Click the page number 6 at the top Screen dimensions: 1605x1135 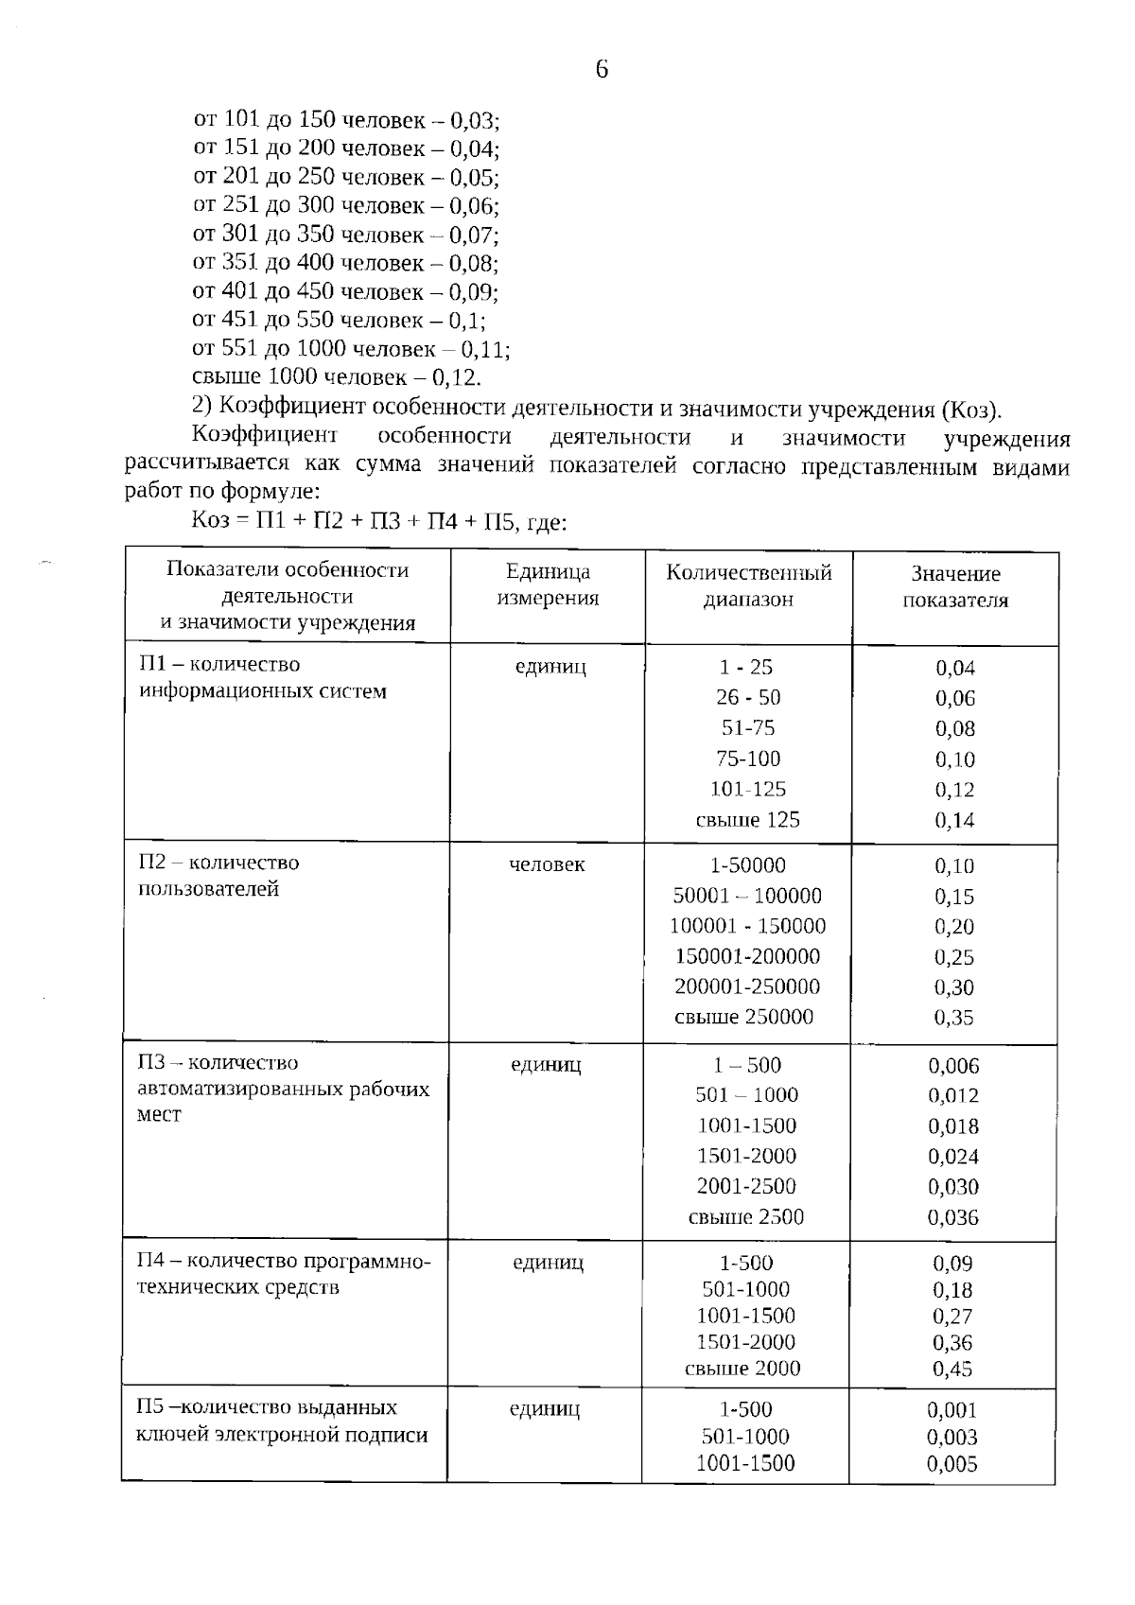click(602, 69)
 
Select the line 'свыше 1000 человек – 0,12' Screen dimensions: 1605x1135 click(337, 377)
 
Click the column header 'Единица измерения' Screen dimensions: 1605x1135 click(548, 584)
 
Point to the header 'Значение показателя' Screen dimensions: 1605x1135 click(955, 586)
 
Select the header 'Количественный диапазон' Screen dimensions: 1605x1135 click(748, 585)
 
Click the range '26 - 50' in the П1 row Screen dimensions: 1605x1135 click(748, 697)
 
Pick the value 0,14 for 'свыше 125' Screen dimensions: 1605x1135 click(954, 820)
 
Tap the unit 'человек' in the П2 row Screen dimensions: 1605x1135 click(547, 864)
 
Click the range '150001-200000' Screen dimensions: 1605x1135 click(747, 956)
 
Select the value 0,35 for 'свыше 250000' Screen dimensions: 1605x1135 click(953, 1018)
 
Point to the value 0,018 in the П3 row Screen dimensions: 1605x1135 click(952, 1126)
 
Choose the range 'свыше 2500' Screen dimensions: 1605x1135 click(745, 1217)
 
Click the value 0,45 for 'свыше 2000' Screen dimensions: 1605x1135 click(952, 1369)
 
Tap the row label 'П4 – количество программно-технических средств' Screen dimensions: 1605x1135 click(284, 1274)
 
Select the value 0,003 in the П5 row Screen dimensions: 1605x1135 click(952, 1438)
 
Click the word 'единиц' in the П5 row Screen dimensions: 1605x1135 click(545, 1409)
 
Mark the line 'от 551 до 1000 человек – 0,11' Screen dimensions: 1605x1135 click(351, 349)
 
